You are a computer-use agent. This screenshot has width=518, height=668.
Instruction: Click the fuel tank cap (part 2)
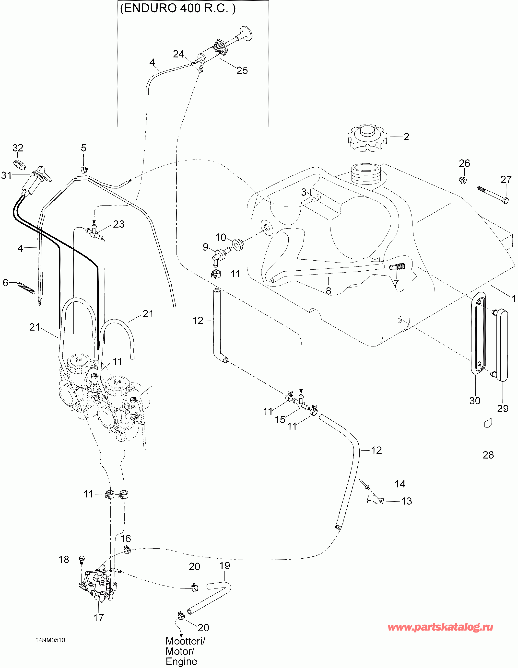tap(367, 138)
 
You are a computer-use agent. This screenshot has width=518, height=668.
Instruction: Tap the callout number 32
tap(18, 148)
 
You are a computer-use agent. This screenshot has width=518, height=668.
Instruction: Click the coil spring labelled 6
tap(26, 288)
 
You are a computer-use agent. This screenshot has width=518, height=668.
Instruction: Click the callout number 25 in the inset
tap(242, 71)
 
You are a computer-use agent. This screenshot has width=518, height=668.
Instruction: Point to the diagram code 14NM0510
tap(50, 640)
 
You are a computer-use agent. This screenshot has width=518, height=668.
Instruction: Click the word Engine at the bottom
tap(181, 662)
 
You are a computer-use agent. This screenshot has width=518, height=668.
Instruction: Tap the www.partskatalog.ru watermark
tap(440, 627)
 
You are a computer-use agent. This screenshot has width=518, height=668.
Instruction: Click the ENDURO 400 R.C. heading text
tap(178, 8)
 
